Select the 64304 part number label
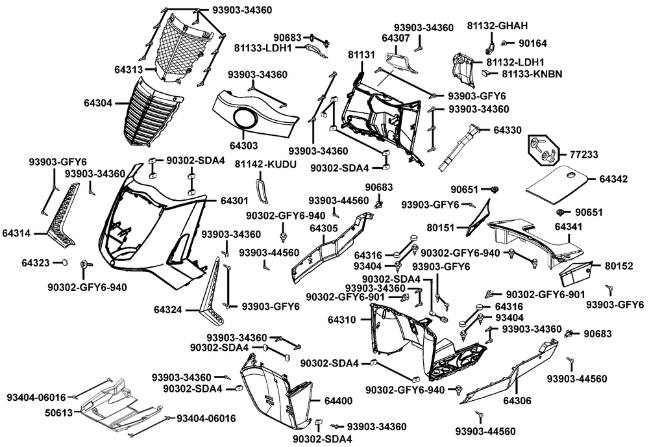pyautogui.click(x=97, y=103)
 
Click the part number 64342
pyautogui.click(x=614, y=179)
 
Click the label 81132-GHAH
pyautogui.click(x=498, y=26)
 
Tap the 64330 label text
pyautogui.click(x=508, y=131)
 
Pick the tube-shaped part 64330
pyautogui.click(x=461, y=146)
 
